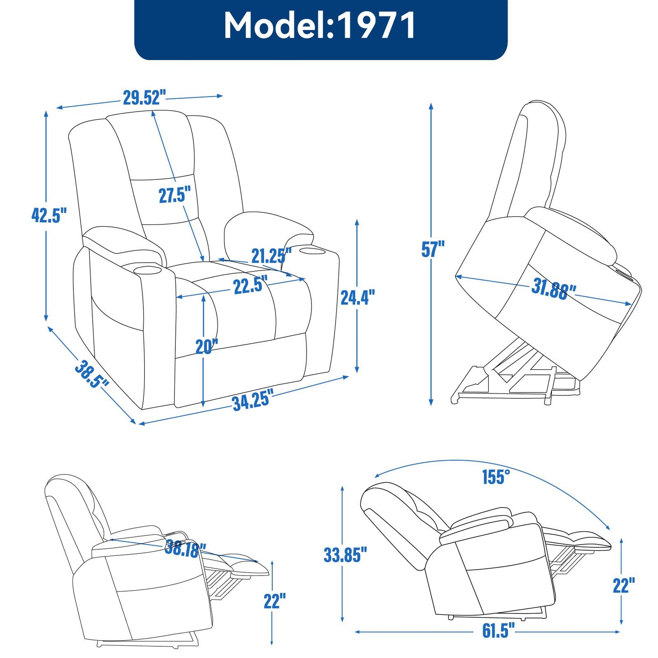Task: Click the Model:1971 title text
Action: pos(320,26)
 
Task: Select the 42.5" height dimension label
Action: pos(49,215)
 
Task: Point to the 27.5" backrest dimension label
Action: pos(174,195)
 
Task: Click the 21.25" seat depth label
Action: pos(271,256)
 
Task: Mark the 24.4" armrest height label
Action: pos(357,297)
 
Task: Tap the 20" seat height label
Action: pos(207,347)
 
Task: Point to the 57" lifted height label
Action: pos(433,249)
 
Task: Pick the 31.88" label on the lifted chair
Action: pos(553,289)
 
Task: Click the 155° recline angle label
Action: pos(496,477)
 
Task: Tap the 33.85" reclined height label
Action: pos(345,555)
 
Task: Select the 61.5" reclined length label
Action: pos(498,631)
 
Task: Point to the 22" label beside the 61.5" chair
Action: pos(623,586)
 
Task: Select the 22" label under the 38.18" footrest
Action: pos(275,601)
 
